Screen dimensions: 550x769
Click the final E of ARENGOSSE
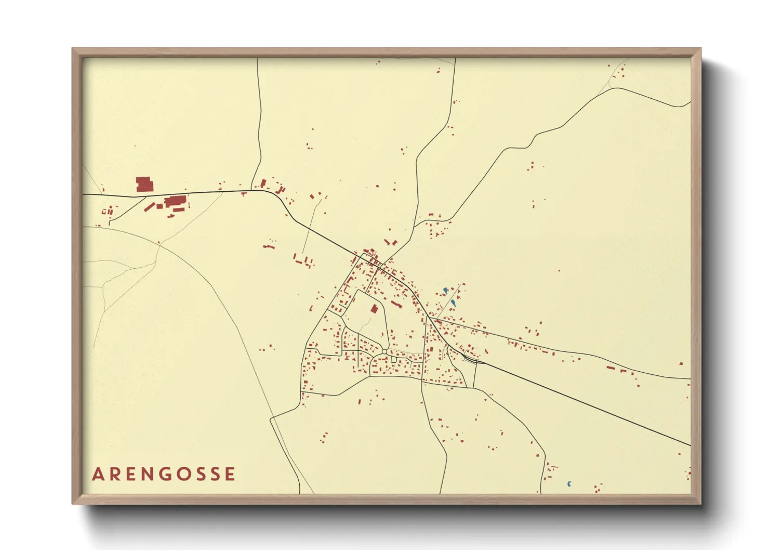[x=230, y=474]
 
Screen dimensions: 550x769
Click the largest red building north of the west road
[x=144, y=184]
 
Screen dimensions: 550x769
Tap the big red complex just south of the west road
[x=175, y=201]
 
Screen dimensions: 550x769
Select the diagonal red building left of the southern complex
[x=150, y=207]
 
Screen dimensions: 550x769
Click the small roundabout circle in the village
[x=384, y=352]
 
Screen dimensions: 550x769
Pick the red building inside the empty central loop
[x=374, y=309]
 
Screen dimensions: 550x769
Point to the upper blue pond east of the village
[x=445, y=290]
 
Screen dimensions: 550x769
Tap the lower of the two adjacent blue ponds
[x=454, y=303]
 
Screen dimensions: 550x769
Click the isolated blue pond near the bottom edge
[x=569, y=484]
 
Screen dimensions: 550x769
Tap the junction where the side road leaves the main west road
[x=145, y=197]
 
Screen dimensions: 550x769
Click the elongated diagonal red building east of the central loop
[x=396, y=304]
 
